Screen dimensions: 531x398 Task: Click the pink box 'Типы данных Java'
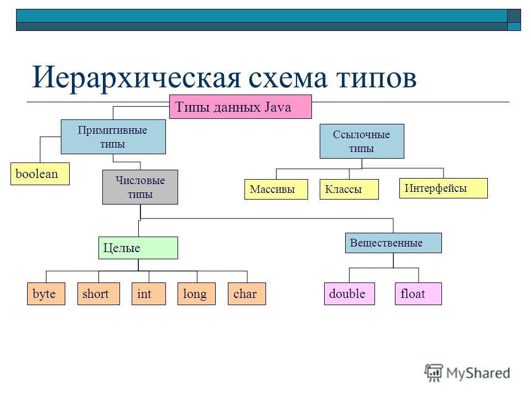pos(241,107)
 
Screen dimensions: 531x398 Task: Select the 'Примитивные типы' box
pos(113,137)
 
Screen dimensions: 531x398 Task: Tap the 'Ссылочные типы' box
pos(362,141)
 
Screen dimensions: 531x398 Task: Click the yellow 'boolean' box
pos(40,174)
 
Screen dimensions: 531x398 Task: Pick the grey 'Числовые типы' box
pos(140,187)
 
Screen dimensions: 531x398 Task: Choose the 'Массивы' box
pos(276,189)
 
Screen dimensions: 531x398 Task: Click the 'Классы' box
pos(349,189)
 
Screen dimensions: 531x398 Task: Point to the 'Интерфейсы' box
pos(443,188)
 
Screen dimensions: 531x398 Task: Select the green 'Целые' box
pos(138,248)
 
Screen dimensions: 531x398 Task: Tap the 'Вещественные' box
pos(393,243)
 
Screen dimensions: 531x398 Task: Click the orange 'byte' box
pos(46,294)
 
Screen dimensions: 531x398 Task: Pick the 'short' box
pos(98,294)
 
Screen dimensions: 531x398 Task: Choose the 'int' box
pos(149,294)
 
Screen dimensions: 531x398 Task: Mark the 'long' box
pos(196,294)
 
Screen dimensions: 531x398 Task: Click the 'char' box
pos(247,294)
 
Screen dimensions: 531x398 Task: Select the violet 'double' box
pos(350,294)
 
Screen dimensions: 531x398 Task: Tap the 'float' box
pos(418,294)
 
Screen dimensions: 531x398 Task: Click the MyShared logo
pos(467,373)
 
